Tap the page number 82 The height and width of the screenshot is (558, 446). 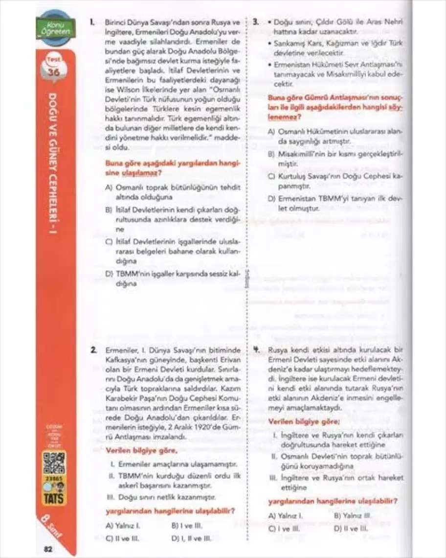[48, 548]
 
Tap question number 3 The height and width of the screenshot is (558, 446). [256, 22]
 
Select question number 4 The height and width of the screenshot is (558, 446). [256, 350]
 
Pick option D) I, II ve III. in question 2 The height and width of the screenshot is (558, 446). [191, 538]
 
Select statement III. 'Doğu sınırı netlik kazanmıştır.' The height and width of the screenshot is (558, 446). [161, 496]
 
